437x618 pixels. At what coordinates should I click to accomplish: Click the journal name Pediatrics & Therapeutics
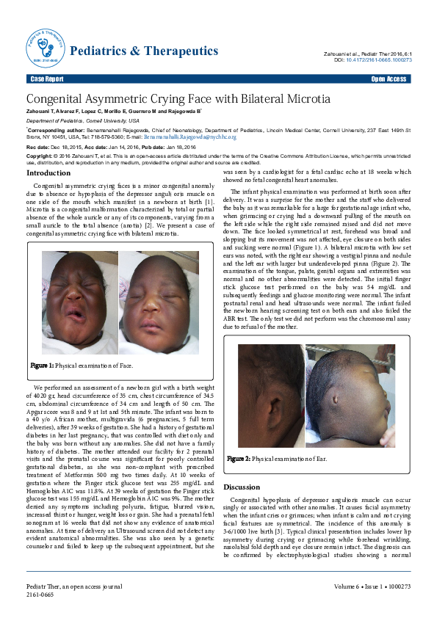point(143,51)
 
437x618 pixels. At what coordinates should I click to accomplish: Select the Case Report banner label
point(46,79)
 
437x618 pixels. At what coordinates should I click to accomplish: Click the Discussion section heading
point(242,466)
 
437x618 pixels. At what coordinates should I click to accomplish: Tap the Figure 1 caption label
point(41,365)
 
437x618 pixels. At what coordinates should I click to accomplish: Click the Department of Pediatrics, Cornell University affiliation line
point(77,120)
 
